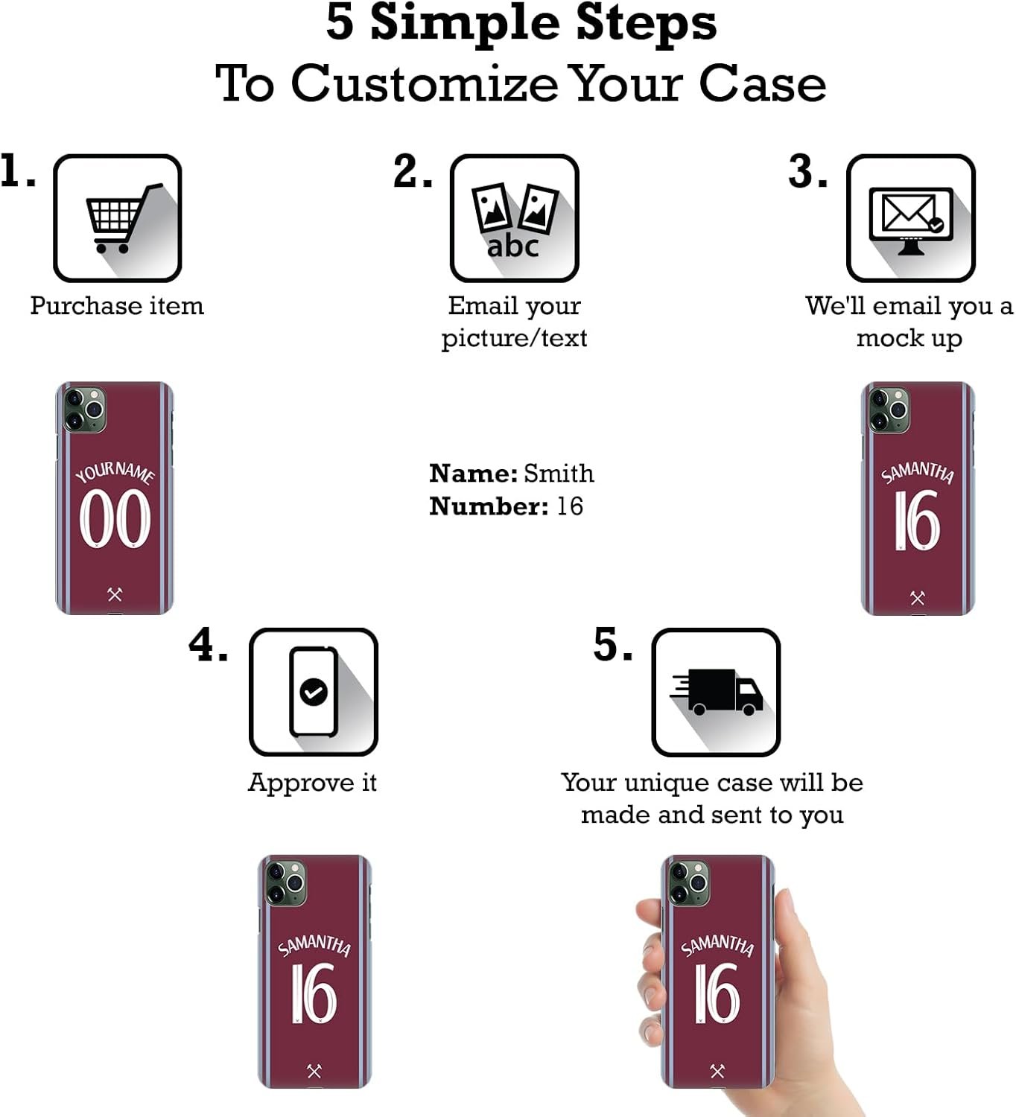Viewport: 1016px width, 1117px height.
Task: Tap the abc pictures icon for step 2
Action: click(x=514, y=220)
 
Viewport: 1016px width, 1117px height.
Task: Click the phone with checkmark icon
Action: click(x=314, y=692)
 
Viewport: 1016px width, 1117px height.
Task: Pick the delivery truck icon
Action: click(x=717, y=692)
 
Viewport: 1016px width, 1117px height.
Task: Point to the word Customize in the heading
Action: click(x=425, y=83)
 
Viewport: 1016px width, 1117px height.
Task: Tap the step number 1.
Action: click(x=16, y=171)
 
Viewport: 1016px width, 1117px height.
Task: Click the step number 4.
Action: click(x=208, y=645)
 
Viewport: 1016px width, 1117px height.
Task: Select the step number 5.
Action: click(x=613, y=645)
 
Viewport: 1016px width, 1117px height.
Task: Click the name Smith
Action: click(x=559, y=474)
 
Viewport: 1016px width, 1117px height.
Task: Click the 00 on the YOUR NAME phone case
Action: click(x=115, y=518)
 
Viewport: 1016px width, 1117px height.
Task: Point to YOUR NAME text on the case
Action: click(x=115, y=472)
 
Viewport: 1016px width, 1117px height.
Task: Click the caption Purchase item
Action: click(x=117, y=306)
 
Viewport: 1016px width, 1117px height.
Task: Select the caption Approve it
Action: click(x=313, y=783)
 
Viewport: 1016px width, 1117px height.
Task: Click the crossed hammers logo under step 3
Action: click(x=917, y=598)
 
